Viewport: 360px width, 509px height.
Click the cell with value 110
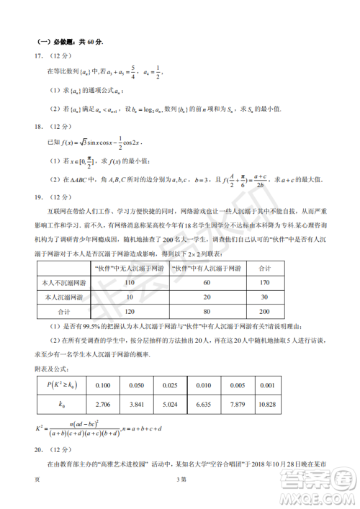click(x=130, y=282)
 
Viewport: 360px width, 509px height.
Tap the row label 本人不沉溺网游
click(x=69, y=282)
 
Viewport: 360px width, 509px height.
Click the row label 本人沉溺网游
click(x=69, y=298)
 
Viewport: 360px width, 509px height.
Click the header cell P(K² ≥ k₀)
click(x=58, y=384)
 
